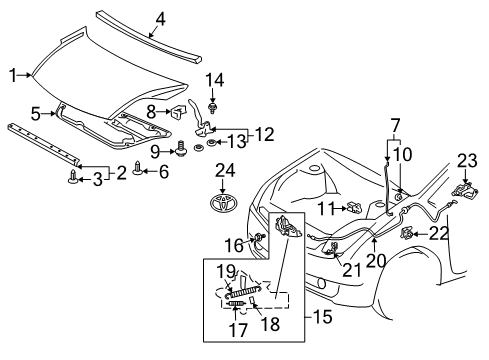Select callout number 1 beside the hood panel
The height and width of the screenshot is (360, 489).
[x=14, y=75]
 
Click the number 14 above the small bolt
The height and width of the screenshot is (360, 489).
[x=214, y=79]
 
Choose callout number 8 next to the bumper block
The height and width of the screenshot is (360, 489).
[x=152, y=112]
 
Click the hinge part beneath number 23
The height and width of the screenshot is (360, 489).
[x=465, y=190]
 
